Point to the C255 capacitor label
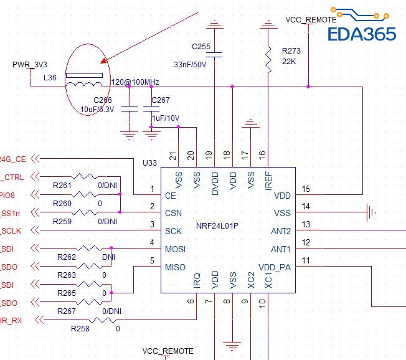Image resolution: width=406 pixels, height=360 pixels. pos(201,47)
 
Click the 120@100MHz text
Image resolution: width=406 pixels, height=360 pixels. pos(135,82)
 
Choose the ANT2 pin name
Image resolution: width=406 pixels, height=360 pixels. pos(281,231)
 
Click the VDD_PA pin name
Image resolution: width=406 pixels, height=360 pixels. pos(275,267)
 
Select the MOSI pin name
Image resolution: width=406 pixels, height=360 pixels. pos(176,249)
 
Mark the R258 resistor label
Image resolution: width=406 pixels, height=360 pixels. pos(80,328)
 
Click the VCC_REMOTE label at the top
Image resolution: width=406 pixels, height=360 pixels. pos(311,20)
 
